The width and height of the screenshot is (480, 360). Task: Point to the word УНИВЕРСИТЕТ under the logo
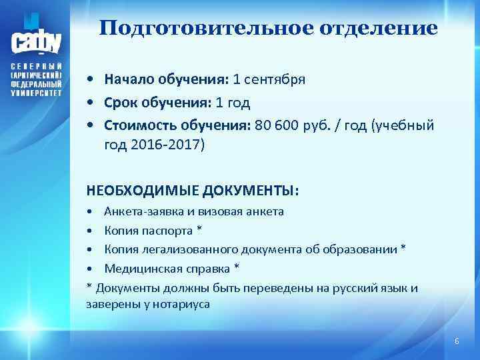point(36,93)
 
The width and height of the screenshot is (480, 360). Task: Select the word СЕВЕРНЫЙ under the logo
point(36,68)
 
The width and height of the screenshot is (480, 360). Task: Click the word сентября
point(275,80)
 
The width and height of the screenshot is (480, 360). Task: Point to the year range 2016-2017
point(165,145)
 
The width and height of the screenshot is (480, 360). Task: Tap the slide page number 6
point(457,341)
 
